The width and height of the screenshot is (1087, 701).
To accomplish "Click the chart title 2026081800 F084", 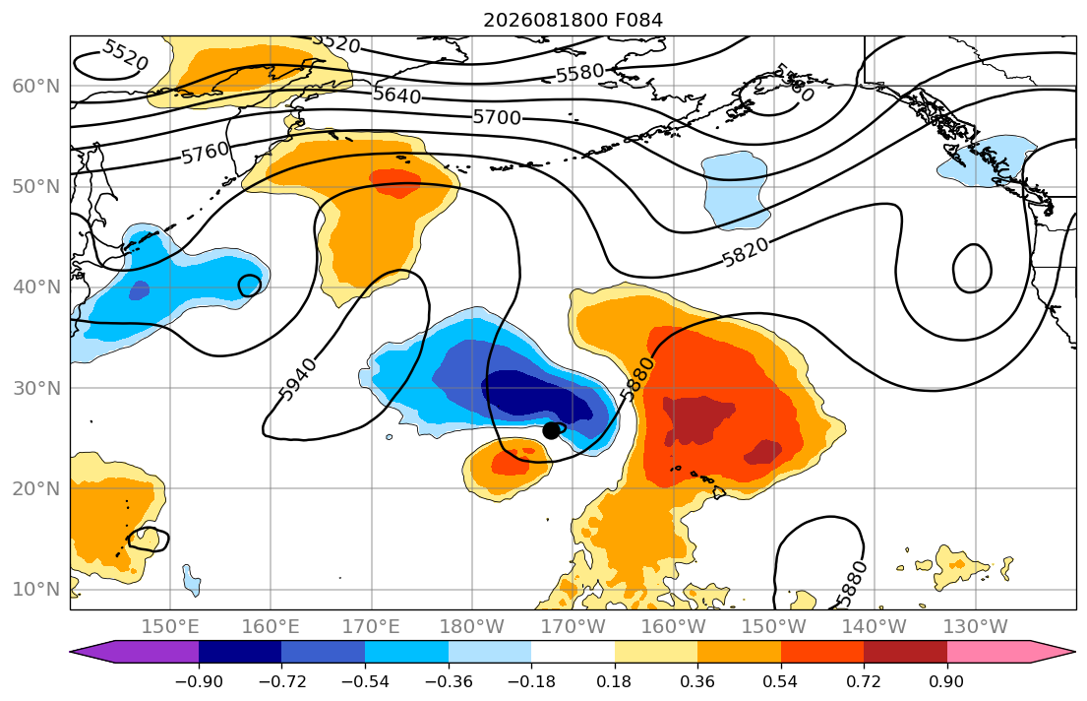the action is [573, 20].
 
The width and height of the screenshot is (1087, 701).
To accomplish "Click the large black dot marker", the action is [551, 430].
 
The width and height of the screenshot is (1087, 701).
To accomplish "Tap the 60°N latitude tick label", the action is [36, 86].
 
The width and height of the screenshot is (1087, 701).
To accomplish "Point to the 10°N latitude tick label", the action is [36, 590].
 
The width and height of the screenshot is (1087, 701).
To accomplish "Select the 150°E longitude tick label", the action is [170, 627].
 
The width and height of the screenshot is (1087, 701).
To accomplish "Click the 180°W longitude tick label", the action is [472, 627].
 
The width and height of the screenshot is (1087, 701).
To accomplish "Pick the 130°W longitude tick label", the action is [976, 627].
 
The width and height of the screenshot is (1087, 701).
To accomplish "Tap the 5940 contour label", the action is [298, 380].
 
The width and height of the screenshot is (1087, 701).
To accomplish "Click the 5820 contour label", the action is [746, 252].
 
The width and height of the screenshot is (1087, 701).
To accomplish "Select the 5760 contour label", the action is [206, 153].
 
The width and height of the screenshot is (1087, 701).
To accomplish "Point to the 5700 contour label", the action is [497, 117].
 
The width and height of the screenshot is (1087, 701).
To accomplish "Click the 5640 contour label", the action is [396, 95].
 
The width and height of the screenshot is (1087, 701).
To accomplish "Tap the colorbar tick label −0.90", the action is [199, 681].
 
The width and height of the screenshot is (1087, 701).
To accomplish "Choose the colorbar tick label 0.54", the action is [781, 681].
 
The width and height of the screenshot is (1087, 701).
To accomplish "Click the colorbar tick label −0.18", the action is [531, 681].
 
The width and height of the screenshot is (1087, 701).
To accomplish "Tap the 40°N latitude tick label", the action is [36, 287].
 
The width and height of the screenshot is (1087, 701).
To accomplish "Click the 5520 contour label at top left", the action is [125, 55].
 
